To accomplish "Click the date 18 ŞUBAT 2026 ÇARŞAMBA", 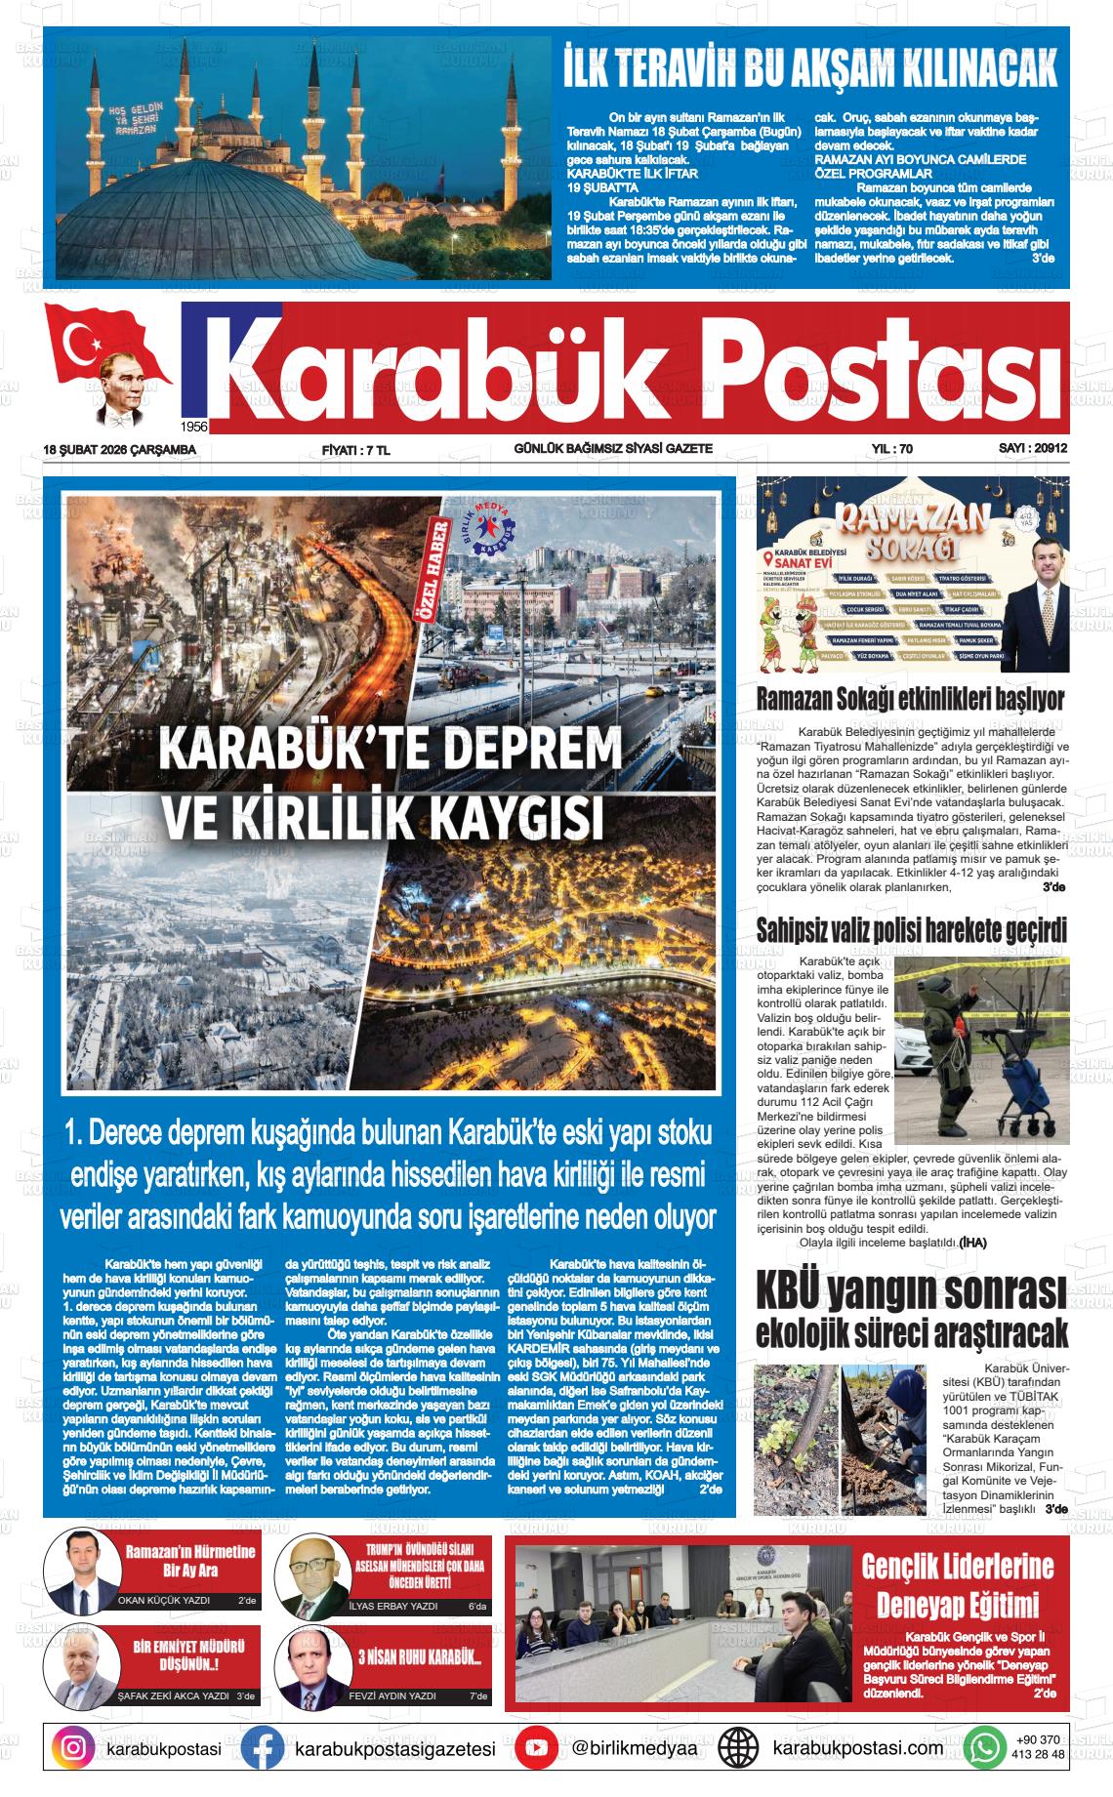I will [x=120, y=449].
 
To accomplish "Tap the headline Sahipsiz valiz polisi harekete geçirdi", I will [x=912, y=929].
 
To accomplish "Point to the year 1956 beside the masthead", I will [x=195, y=427].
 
